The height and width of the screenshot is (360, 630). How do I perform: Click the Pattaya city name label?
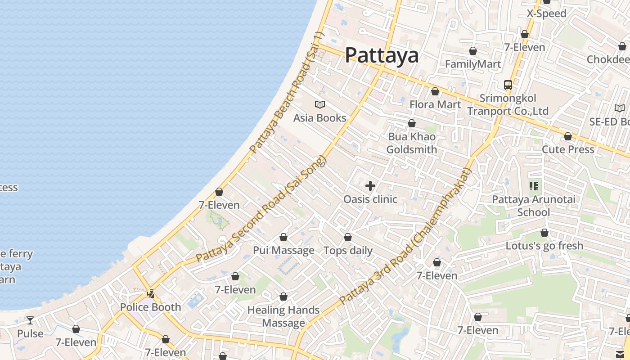click(x=382, y=55)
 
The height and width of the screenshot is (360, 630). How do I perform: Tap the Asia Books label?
click(x=319, y=118)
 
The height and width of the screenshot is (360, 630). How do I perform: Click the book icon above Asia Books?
click(x=320, y=105)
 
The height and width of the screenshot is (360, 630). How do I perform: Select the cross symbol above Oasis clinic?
click(x=370, y=186)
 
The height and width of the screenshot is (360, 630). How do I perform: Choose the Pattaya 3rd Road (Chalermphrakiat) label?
click(x=405, y=236)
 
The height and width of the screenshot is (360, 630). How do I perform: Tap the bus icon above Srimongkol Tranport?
click(x=508, y=85)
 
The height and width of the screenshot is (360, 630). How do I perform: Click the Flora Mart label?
click(x=435, y=104)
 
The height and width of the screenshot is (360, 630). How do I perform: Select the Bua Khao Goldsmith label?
click(x=412, y=143)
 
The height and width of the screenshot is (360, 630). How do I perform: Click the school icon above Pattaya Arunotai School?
click(x=534, y=186)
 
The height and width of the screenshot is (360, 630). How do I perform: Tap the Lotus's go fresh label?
click(x=544, y=246)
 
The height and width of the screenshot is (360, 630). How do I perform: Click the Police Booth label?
click(x=150, y=307)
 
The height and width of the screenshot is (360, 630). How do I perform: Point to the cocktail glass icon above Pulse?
click(x=30, y=320)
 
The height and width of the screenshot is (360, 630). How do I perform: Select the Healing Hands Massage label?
click(x=283, y=316)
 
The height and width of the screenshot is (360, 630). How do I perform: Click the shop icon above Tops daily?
click(x=348, y=237)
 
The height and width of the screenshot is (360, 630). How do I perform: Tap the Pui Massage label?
click(x=283, y=250)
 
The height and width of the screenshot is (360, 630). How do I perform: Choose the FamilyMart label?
click(x=473, y=64)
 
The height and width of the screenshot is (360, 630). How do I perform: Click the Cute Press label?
click(x=568, y=149)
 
